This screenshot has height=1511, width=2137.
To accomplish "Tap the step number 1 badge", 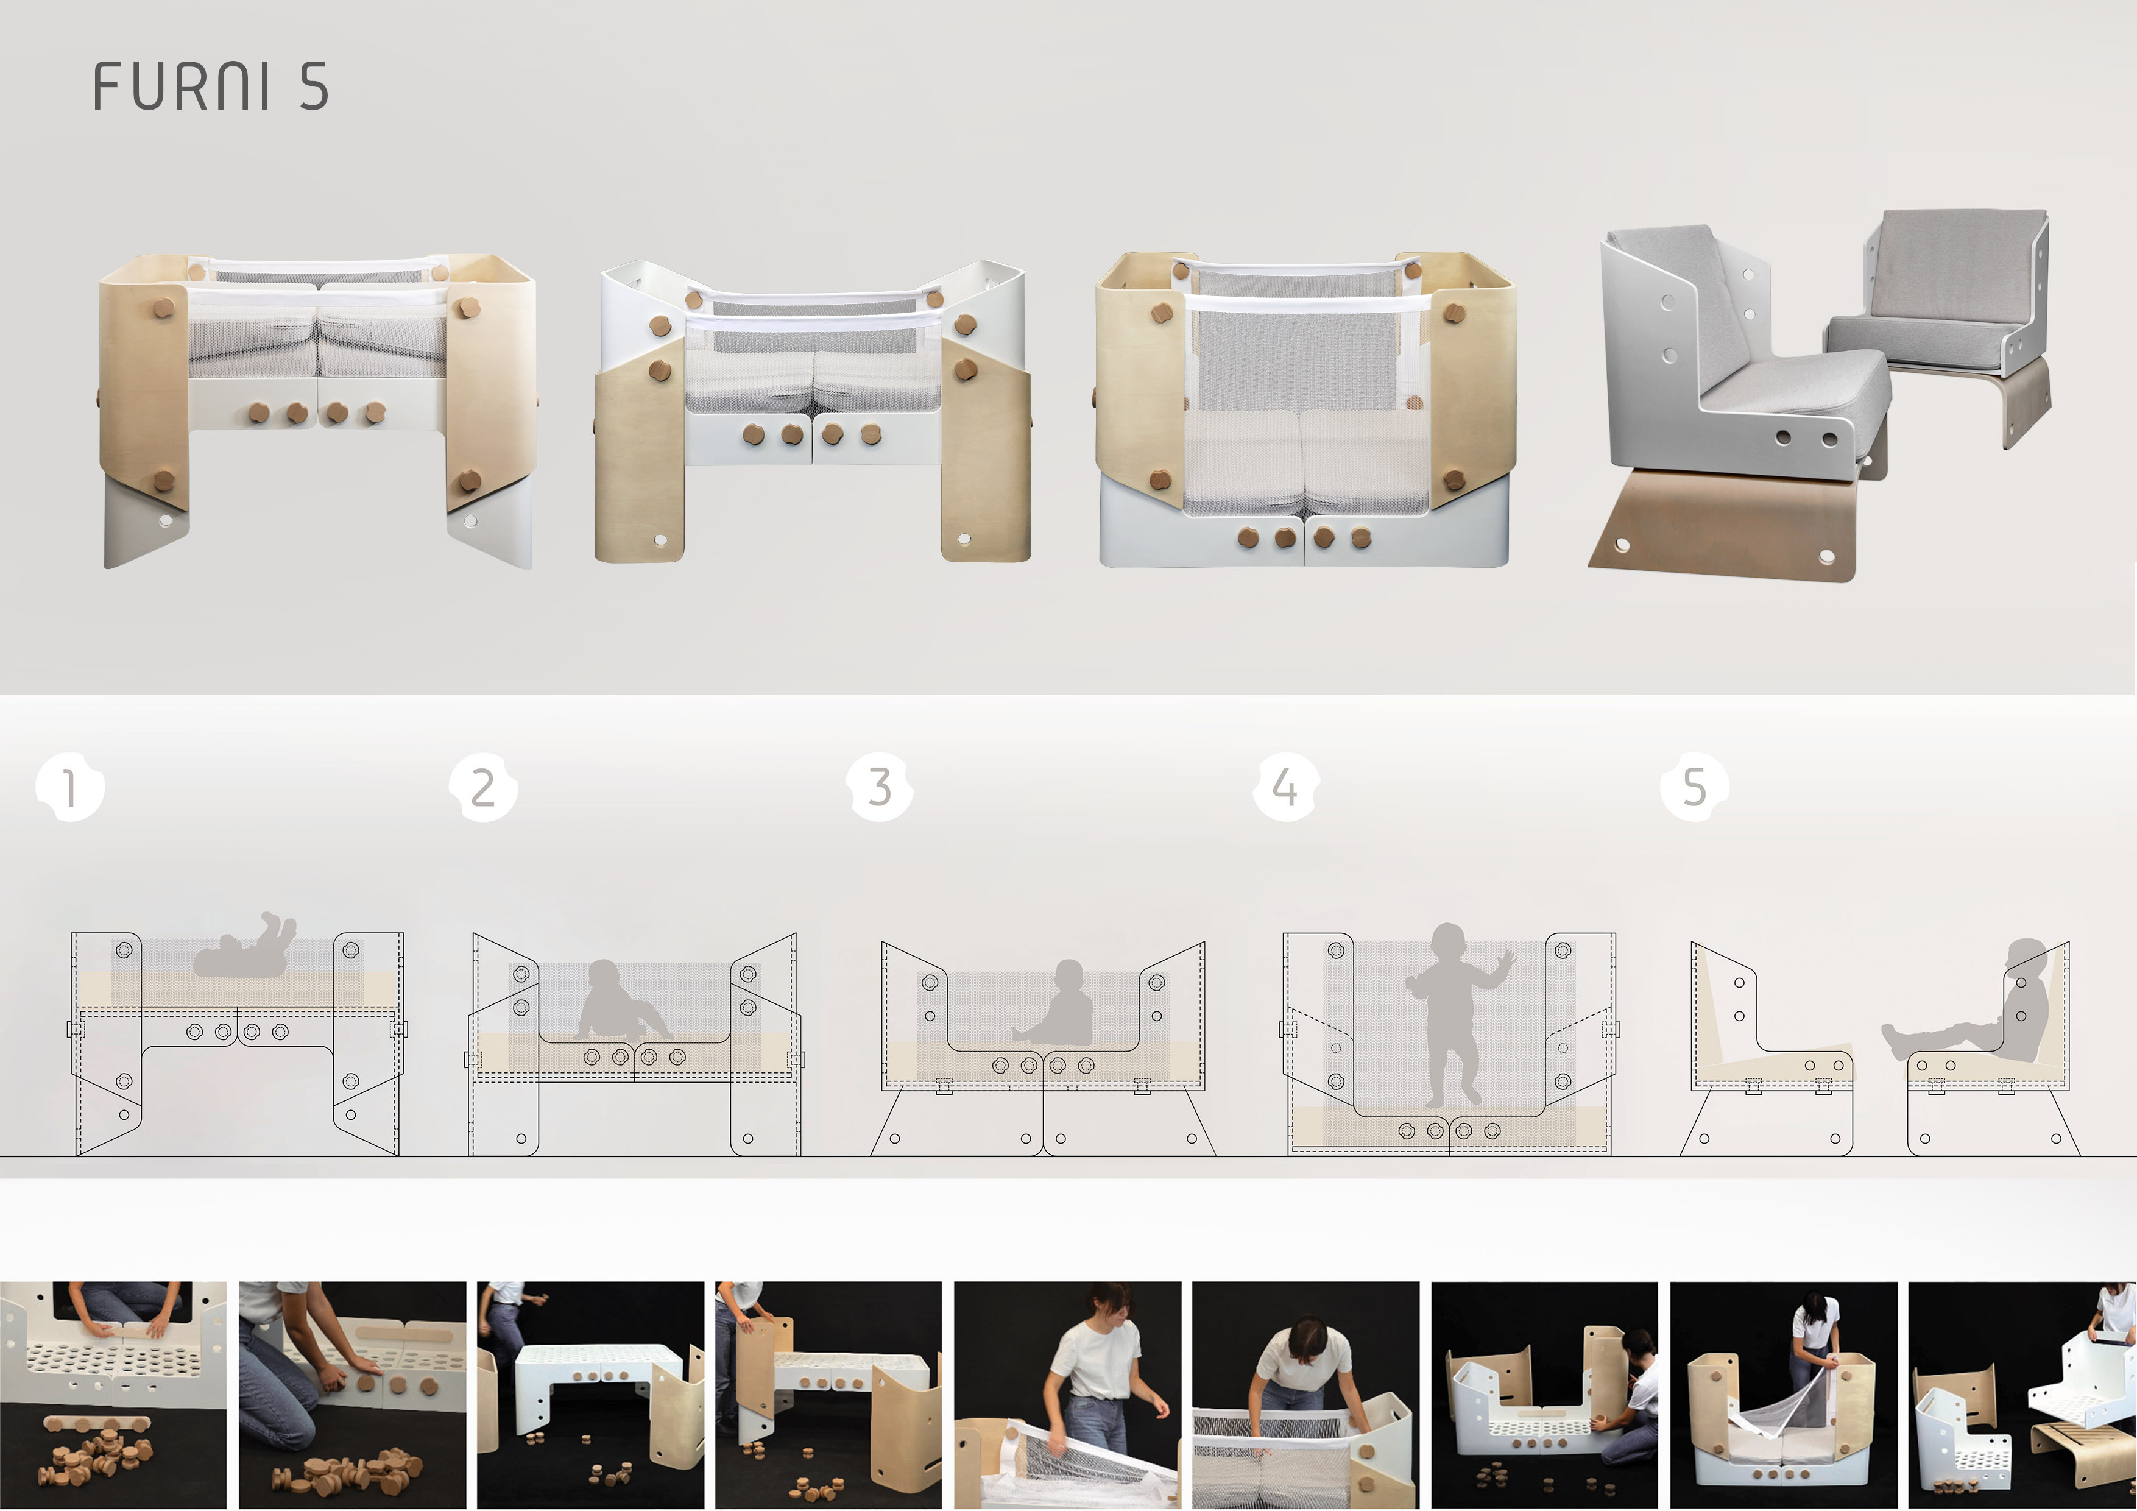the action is click(x=70, y=788).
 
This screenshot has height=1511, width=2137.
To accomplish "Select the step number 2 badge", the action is click(x=483, y=788).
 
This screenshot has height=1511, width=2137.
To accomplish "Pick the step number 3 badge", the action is click(x=880, y=788).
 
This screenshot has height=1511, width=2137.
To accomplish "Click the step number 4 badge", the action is click(x=1287, y=788).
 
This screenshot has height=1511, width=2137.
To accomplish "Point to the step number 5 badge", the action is click(x=1695, y=788).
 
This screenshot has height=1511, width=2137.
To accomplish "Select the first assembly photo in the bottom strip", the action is click(x=113, y=1395).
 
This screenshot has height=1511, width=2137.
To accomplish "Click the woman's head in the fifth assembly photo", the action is click(x=1107, y=1308).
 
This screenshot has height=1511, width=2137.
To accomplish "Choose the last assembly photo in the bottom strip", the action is click(x=2022, y=1395).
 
